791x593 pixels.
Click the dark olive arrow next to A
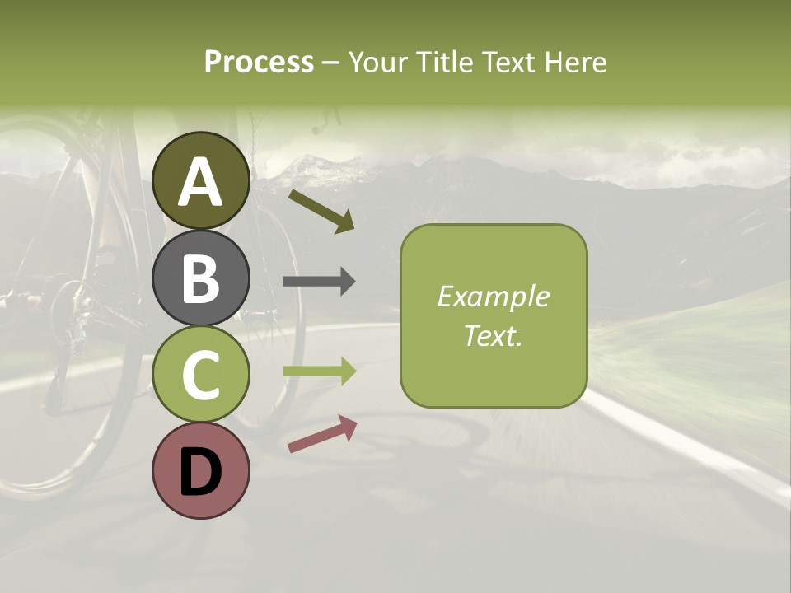[x=321, y=211]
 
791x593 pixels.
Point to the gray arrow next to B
[x=319, y=282]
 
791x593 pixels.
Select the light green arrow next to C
[x=319, y=371]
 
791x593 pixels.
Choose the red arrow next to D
[x=322, y=434]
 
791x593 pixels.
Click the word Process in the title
[x=259, y=62]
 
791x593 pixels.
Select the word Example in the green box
[x=493, y=296]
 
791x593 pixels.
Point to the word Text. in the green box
[x=493, y=335]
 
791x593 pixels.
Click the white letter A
[x=200, y=183]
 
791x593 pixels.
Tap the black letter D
[x=200, y=472]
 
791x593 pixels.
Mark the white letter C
[x=200, y=375]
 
